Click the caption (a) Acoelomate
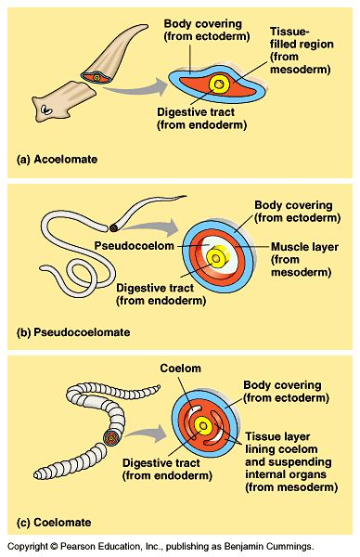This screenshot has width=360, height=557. [x=58, y=160]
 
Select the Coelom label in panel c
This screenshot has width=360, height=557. [x=182, y=369]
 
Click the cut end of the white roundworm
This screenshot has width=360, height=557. [x=114, y=226]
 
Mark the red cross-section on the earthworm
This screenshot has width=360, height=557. [x=111, y=434]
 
